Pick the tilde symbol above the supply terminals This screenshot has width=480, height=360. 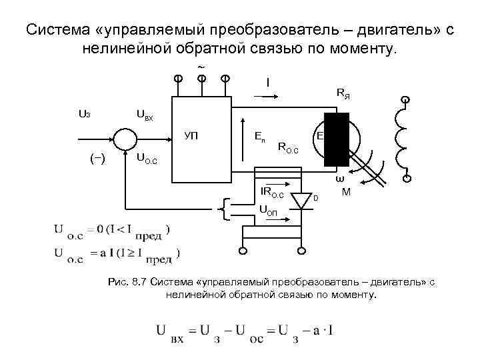click(x=201, y=66)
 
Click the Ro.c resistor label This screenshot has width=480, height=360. click(x=288, y=147)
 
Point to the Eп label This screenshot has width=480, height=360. click(x=259, y=136)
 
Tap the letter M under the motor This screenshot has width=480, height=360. click(x=346, y=193)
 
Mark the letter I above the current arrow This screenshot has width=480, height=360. click(x=267, y=83)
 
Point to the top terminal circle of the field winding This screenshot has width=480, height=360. click(x=403, y=101)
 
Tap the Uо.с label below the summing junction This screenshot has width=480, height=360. click(x=146, y=158)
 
